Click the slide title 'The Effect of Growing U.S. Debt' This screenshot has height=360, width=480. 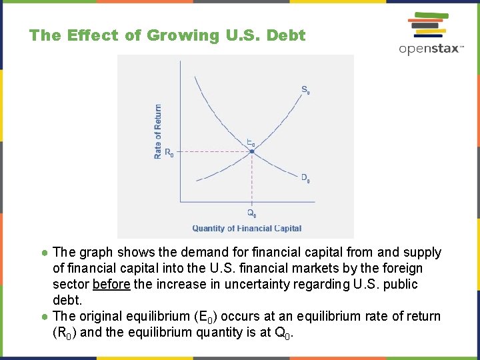click(167, 35)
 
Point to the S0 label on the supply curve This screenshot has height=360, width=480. click(305, 90)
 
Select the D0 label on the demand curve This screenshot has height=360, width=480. click(305, 178)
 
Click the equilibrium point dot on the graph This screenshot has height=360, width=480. click(252, 151)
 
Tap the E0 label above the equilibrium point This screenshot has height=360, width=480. click(251, 142)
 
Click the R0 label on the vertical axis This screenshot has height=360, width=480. click(169, 153)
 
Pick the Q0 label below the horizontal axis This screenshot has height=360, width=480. click(251, 213)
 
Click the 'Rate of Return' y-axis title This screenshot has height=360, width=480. click(158, 131)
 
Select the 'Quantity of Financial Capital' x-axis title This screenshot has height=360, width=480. click(247, 229)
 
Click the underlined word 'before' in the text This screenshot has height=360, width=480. click(111, 285)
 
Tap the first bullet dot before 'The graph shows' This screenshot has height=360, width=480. click(44, 253)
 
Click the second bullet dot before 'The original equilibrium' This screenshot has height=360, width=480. click(44, 317)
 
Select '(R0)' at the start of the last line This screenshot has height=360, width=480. click(64, 332)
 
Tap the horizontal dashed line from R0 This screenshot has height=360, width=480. click(213, 151)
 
